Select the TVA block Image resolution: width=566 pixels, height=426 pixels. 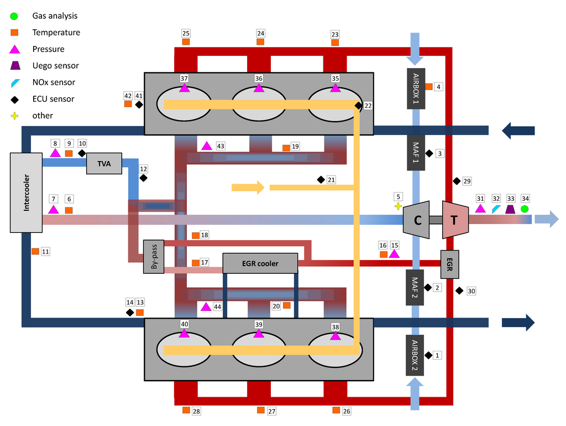(104, 164)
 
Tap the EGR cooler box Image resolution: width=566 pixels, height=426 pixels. (260, 263)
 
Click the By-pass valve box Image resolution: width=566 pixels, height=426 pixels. (154, 257)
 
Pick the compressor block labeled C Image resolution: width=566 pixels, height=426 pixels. (417, 220)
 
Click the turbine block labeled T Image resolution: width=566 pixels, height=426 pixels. (455, 220)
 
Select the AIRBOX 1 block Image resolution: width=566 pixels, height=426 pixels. (415, 90)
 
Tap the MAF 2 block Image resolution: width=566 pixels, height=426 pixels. (415, 288)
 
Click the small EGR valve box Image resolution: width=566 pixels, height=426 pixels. (449, 264)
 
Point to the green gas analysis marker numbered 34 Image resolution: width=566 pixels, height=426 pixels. (525, 209)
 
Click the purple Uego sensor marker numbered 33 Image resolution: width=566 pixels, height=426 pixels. (510, 209)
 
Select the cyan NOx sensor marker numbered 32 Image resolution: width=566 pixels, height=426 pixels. (496, 209)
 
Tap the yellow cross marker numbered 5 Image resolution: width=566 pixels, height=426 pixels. (397, 206)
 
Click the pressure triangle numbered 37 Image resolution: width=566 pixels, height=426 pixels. (184, 89)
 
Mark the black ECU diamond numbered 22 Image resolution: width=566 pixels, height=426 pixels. (358, 106)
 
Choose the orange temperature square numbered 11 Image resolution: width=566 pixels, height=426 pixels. (35, 251)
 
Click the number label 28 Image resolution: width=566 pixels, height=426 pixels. (196, 411)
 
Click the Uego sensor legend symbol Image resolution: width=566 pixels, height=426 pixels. (14, 66)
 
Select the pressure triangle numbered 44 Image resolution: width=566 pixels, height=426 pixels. (206, 306)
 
